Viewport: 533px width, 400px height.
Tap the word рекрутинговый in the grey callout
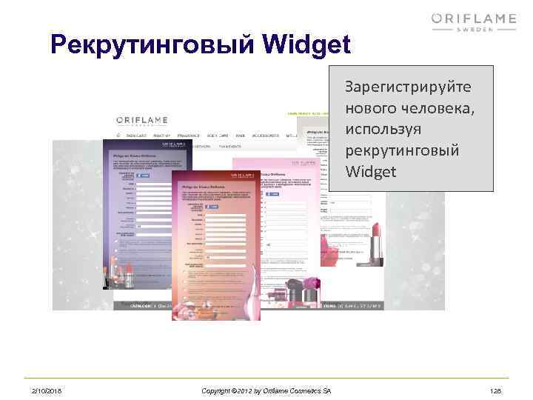pyautogui.click(x=402, y=150)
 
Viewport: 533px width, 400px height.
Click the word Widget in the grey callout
pyautogui.click(x=371, y=172)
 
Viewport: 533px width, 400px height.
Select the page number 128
pyautogui.click(x=496, y=390)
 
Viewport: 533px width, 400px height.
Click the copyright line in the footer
pyautogui.click(x=266, y=390)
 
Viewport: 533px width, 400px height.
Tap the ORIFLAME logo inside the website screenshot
pyautogui.click(x=140, y=121)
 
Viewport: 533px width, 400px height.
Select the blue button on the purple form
pyautogui.click(x=143, y=176)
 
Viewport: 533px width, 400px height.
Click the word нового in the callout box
pyautogui.click(x=366, y=108)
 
